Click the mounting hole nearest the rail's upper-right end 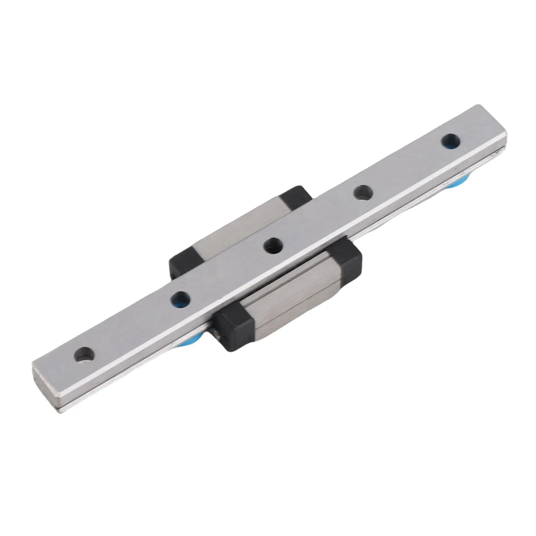pyautogui.click(x=450, y=140)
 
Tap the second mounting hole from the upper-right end pyautogui.click(x=363, y=193)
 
